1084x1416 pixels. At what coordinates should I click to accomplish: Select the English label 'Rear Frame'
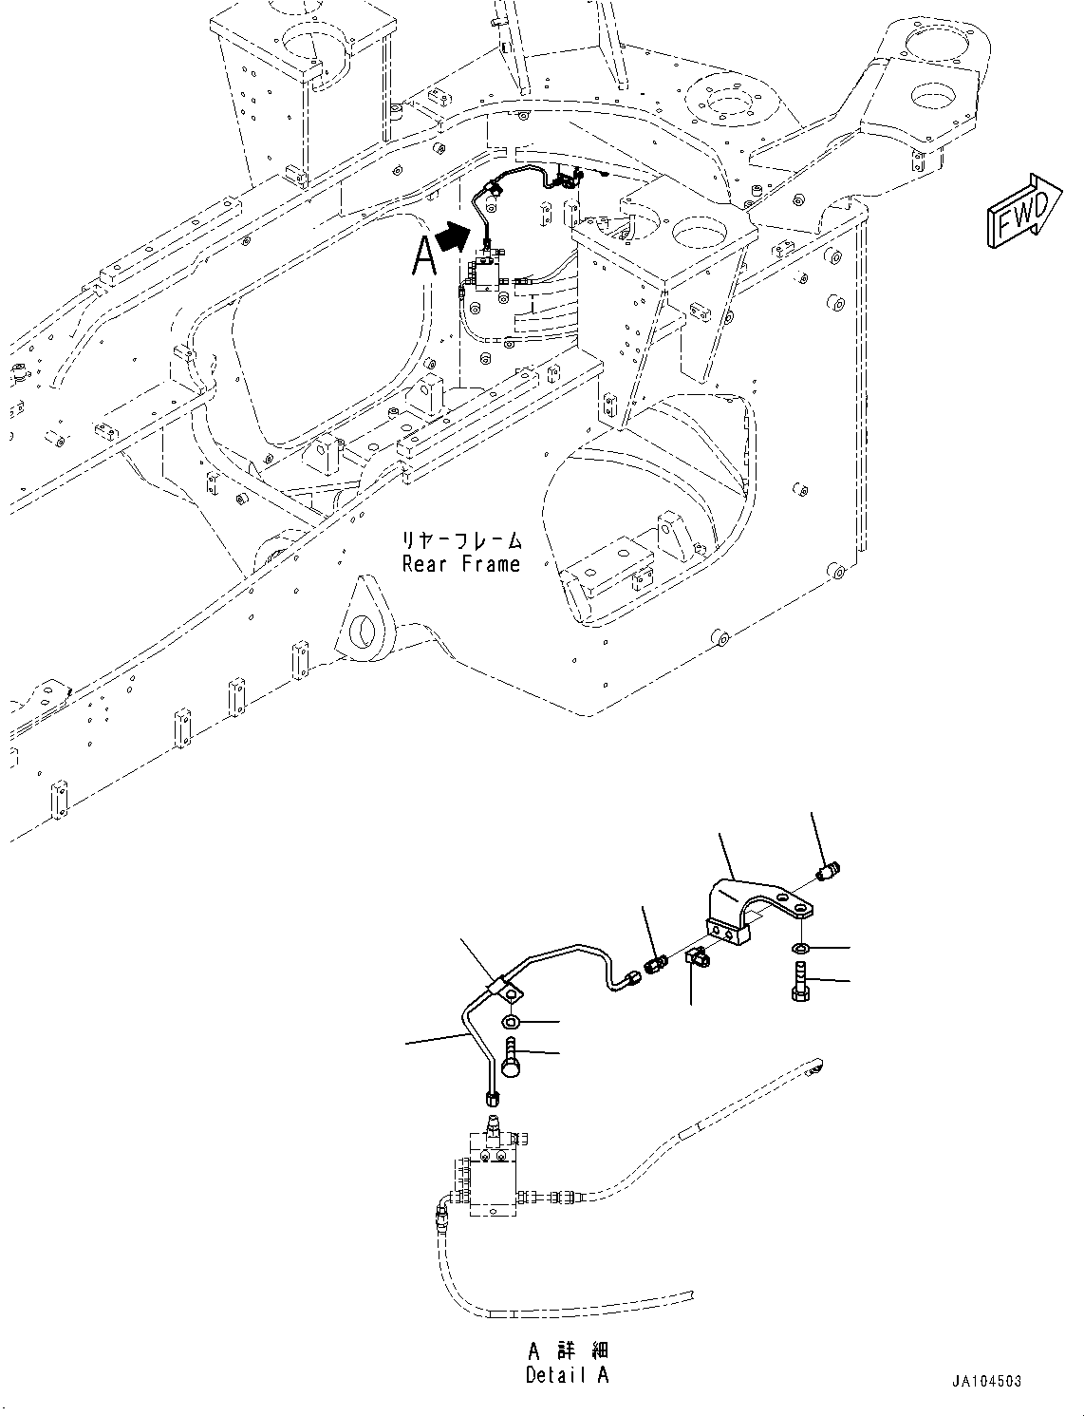(461, 564)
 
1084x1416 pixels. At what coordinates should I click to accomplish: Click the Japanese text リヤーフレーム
(461, 541)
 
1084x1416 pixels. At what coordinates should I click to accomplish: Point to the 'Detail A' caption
(568, 1375)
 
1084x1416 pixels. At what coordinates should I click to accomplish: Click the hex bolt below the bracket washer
(799, 982)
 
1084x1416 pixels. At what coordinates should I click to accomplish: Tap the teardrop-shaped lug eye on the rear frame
(367, 626)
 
